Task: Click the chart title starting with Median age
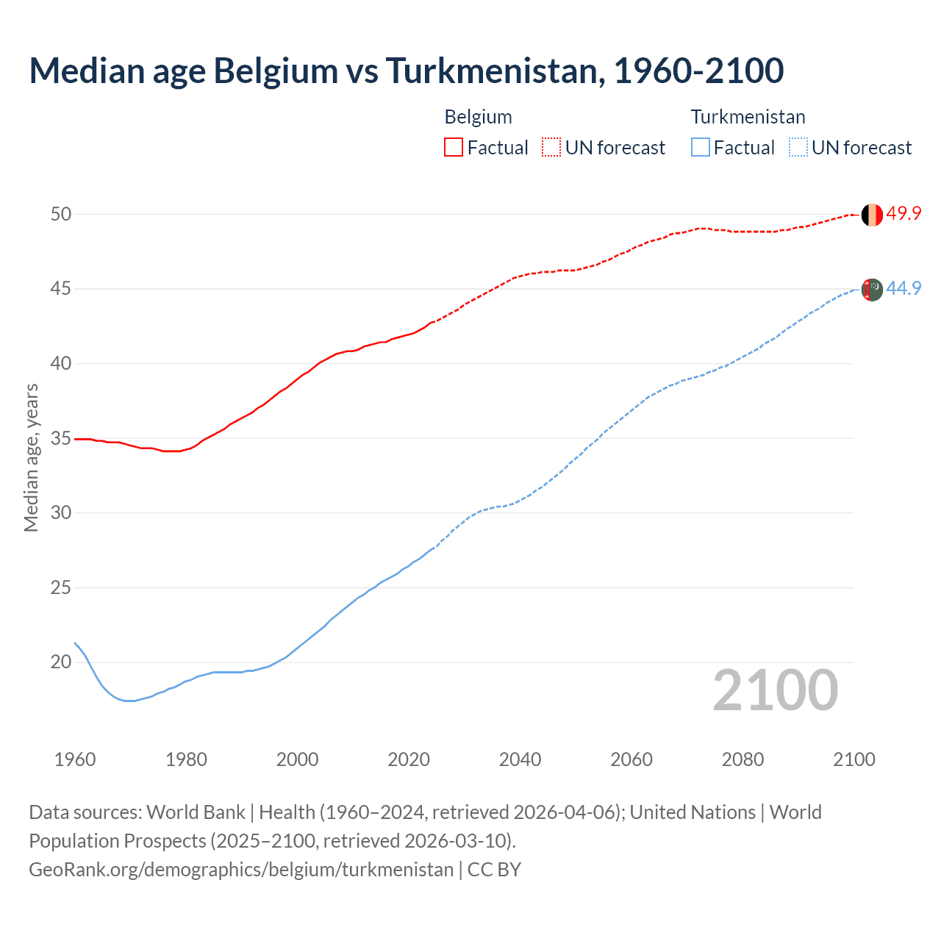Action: (x=406, y=71)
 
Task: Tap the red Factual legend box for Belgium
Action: (x=454, y=147)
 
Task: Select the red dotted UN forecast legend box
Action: (x=551, y=147)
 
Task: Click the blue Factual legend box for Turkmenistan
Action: (x=701, y=147)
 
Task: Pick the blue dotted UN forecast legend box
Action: (x=798, y=147)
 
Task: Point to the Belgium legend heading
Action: (x=478, y=117)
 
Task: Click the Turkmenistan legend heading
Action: (x=748, y=117)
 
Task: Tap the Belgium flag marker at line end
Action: (x=871, y=215)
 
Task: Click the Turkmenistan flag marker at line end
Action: (x=871, y=290)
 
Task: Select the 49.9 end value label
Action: (x=904, y=213)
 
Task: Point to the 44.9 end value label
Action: (x=904, y=288)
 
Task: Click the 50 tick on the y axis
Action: (x=61, y=214)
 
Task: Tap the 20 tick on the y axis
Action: (x=61, y=662)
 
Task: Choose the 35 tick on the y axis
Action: (x=61, y=438)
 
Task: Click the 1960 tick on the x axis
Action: (x=75, y=759)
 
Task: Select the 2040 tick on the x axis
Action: (x=520, y=759)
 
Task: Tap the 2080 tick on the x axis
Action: (x=743, y=759)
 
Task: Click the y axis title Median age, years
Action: (x=31, y=457)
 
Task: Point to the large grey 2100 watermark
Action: (x=775, y=690)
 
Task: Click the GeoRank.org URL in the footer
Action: (x=241, y=869)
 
